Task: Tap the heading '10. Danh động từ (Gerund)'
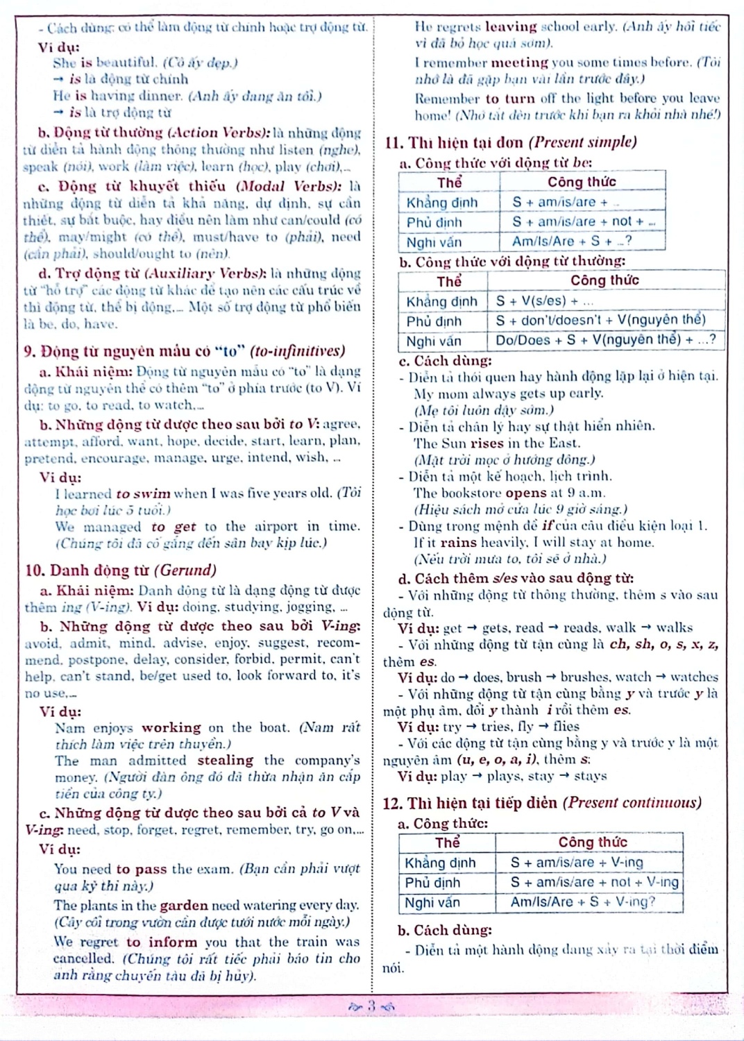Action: pos(120,570)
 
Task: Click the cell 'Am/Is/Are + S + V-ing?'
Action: pos(583,902)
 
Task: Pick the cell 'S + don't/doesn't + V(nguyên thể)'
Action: pos(600,321)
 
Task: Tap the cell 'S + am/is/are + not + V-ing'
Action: pos(594,882)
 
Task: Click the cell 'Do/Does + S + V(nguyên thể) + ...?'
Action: pos(605,341)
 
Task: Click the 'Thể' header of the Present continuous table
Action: pos(447,843)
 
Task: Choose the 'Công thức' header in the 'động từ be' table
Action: pos(582,182)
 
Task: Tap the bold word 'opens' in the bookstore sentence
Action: pos(526,493)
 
